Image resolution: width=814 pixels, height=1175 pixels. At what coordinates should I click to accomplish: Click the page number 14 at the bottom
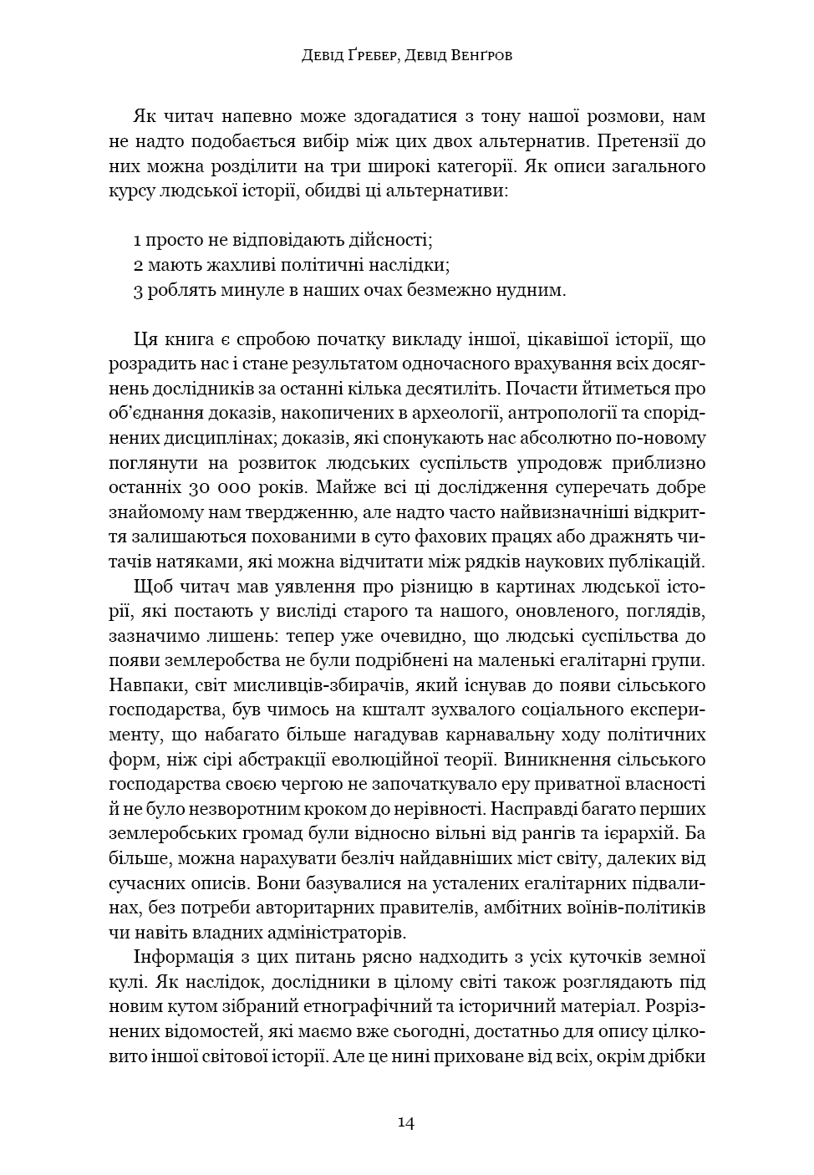[406, 1122]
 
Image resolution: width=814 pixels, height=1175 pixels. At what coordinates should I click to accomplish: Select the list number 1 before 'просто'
[137, 241]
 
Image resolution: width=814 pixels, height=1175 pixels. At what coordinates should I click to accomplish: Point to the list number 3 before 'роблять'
[138, 291]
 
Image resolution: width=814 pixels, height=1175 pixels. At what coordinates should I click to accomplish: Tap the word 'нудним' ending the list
[536, 291]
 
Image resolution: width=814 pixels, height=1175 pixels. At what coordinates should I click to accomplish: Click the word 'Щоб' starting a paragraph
[150, 587]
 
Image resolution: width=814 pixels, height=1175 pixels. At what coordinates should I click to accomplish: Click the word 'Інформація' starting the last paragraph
[179, 957]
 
